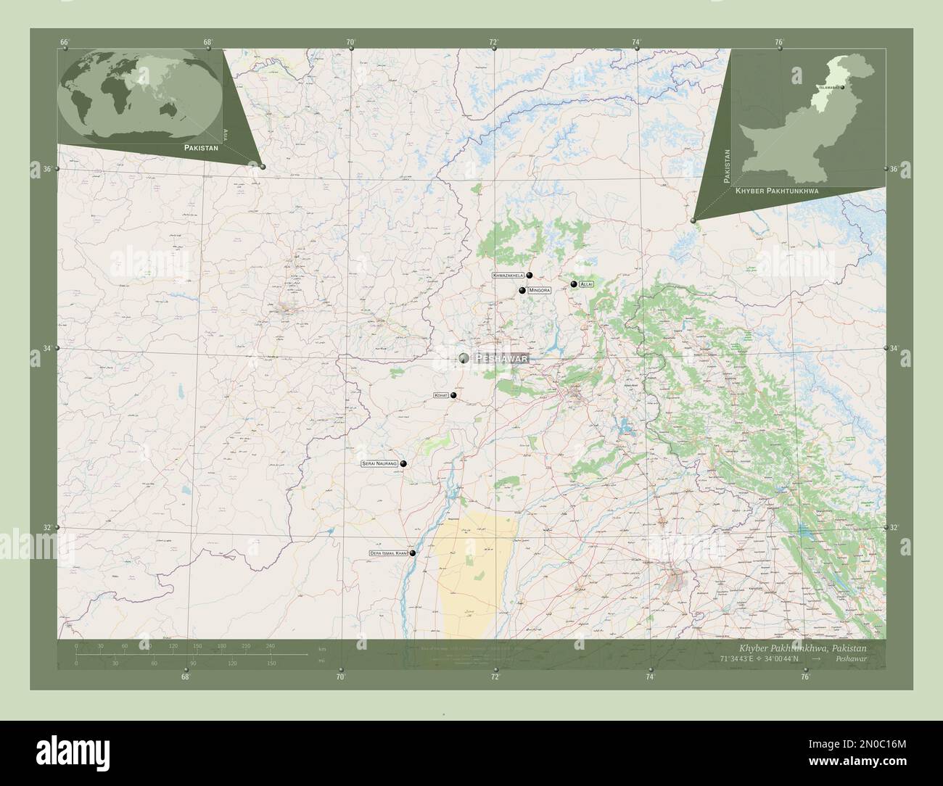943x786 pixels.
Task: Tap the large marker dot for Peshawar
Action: (x=464, y=357)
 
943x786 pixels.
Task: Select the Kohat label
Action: (x=440, y=395)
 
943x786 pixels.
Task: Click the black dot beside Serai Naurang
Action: (x=403, y=463)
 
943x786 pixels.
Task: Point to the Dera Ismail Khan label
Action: (x=389, y=553)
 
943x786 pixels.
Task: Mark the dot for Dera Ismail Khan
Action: (x=413, y=553)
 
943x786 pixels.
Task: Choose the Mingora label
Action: (x=540, y=290)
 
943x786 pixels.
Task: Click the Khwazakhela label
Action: (x=508, y=276)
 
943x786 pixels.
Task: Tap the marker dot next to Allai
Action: (x=573, y=284)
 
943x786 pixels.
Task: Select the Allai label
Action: (x=586, y=284)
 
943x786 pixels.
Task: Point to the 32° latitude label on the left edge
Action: (x=46, y=528)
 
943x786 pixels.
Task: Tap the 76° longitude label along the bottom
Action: (x=804, y=677)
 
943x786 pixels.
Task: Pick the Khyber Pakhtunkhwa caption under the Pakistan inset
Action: (x=777, y=190)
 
